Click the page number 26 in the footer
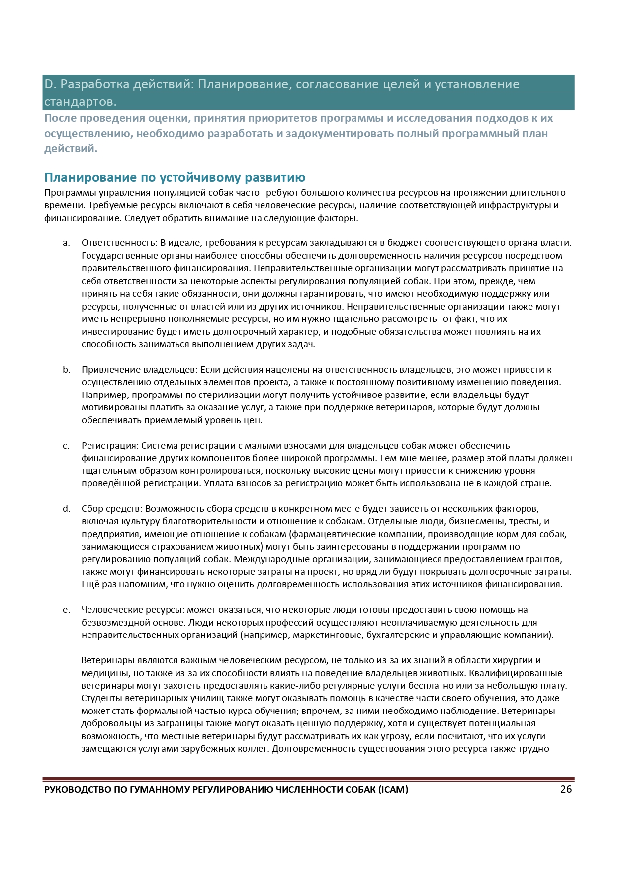[x=566, y=789]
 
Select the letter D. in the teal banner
[x=50, y=84]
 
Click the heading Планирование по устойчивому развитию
[x=175, y=177]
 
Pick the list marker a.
[x=66, y=243]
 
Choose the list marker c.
[x=66, y=446]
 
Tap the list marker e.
[x=66, y=610]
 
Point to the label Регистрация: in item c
[x=110, y=446]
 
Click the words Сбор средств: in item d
[x=112, y=509]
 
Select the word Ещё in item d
[x=90, y=584]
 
